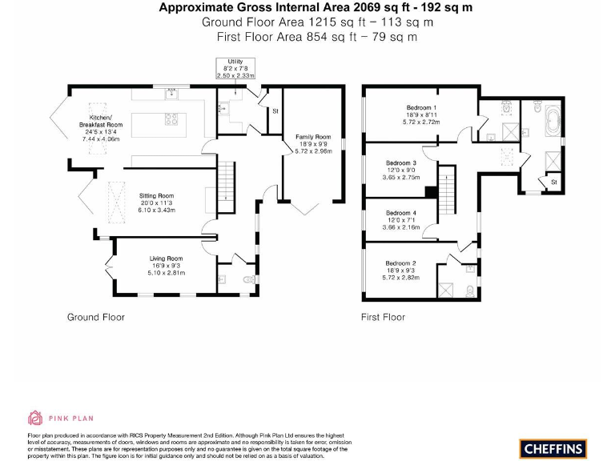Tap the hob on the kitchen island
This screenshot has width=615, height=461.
[x=171, y=121]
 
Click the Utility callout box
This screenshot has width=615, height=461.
[x=235, y=68]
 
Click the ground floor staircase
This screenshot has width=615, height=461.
[x=228, y=181]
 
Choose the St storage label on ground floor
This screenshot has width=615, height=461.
[x=274, y=110]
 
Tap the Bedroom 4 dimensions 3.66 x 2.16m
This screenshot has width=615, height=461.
[x=402, y=228]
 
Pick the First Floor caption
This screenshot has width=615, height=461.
[x=383, y=318]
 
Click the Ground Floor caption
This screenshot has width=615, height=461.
[x=95, y=318]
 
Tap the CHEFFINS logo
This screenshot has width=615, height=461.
[x=553, y=448]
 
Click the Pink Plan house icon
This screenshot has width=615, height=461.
[x=35, y=417]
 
